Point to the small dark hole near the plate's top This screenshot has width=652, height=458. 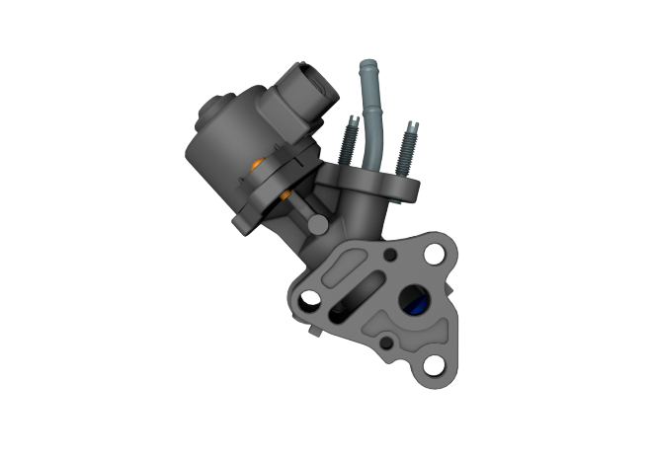click(x=393, y=256)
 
